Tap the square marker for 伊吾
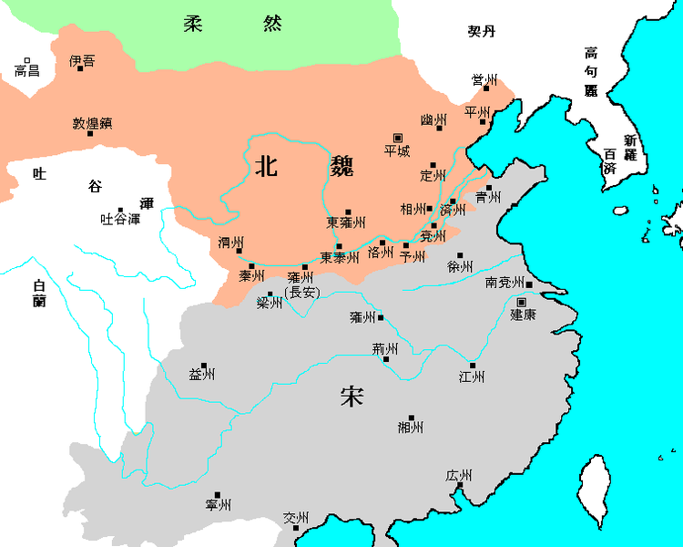(x=80, y=67)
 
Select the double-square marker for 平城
(x=396, y=138)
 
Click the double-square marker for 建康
(x=522, y=302)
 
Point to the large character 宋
(x=352, y=397)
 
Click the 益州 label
(x=201, y=374)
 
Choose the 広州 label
(x=459, y=476)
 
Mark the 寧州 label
(x=219, y=504)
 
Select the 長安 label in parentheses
(x=301, y=292)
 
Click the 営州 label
(x=484, y=79)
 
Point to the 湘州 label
(x=411, y=426)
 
